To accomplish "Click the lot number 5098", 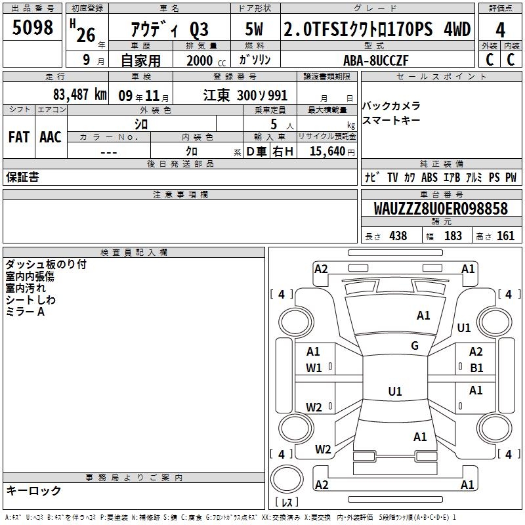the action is tap(32, 28).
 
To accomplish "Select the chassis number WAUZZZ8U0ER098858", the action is tap(441, 208).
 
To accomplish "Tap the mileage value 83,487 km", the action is tap(80, 94).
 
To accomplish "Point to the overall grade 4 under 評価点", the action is tap(500, 30).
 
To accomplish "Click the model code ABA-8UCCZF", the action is tap(376, 60).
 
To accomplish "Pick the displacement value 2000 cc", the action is tap(206, 60).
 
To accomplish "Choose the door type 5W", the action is tap(254, 29).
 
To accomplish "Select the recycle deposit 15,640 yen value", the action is tap(332, 152).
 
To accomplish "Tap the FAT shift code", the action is tap(19, 137).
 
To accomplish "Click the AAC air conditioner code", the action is tap(51, 137).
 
